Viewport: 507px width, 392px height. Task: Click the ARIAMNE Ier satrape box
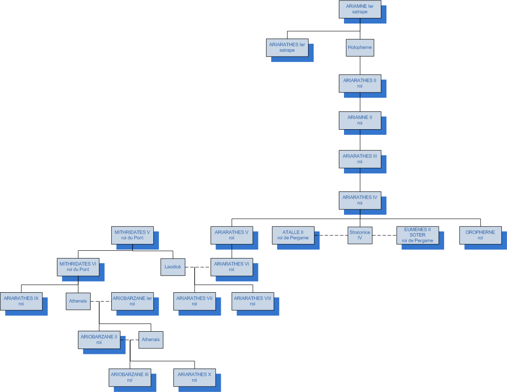[360, 9]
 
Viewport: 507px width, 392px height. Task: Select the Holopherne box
[360, 48]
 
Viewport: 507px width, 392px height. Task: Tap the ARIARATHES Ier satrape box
[287, 48]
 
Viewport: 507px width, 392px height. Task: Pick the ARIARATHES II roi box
[360, 83]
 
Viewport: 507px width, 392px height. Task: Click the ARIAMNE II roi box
[360, 120]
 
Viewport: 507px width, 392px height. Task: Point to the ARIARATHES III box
[360, 159]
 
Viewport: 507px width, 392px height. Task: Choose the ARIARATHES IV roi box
[360, 200]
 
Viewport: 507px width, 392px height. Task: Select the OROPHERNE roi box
[480, 235]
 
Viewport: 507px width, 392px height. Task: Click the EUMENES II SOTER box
[418, 235]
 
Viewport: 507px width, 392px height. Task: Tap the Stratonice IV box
[360, 235]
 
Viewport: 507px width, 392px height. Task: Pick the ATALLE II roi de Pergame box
[293, 235]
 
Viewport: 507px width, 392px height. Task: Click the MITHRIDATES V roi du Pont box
[132, 235]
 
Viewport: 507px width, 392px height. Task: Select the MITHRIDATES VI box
[78, 267]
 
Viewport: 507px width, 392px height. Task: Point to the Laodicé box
[173, 267]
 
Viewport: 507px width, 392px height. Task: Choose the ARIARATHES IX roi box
[21, 301]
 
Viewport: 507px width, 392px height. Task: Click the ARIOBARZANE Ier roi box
[132, 301]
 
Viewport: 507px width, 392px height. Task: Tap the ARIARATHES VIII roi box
[253, 301]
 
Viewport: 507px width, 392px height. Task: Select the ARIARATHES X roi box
[194, 377]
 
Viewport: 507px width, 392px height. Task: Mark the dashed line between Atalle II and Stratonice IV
[331, 235]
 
